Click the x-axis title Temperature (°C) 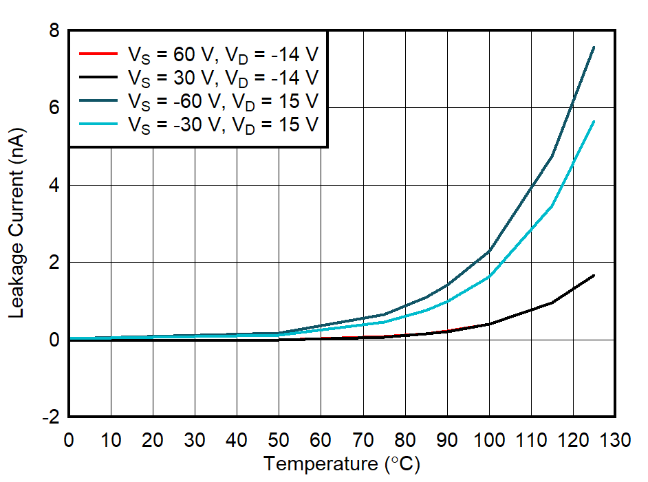tap(341, 464)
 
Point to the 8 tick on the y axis tap(53, 31)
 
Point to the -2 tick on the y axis tap(50, 417)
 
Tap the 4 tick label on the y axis tap(53, 186)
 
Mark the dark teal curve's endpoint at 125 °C tap(594, 47)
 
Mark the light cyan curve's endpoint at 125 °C tap(594, 121)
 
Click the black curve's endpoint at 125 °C tap(594, 275)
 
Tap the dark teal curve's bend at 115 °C tap(552, 157)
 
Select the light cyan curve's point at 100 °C tap(488, 276)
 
